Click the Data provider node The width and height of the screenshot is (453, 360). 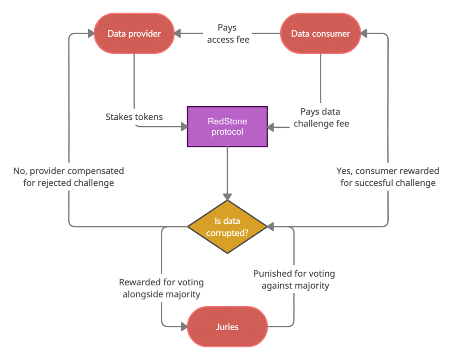(x=134, y=33)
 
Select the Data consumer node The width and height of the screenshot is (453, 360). (x=320, y=33)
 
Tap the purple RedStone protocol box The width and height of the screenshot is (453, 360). (x=227, y=126)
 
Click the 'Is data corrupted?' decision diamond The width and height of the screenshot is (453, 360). (x=227, y=227)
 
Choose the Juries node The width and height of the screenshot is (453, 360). (x=227, y=327)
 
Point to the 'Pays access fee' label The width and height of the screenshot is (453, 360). (x=228, y=34)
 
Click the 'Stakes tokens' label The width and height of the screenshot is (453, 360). (x=134, y=117)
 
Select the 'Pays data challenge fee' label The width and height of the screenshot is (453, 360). (x=321, y=118)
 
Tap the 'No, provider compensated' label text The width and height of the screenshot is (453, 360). (x=68, y=171)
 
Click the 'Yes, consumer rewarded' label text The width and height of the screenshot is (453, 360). (x=388, y=171)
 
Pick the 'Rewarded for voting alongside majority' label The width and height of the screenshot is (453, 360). (x=161, y=288)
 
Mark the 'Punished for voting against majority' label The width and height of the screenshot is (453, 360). (x=294, y=279)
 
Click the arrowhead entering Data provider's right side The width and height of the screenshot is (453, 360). (x=178, y=33)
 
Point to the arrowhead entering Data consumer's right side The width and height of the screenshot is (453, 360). (x=364, y=33)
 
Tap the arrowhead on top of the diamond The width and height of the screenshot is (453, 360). (x=227, y=197)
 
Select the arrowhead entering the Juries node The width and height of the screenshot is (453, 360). (x=184, y=327)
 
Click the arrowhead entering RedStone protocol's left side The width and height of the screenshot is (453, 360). (x=184, y=126)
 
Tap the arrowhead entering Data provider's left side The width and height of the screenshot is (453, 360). (x=91, y=33)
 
